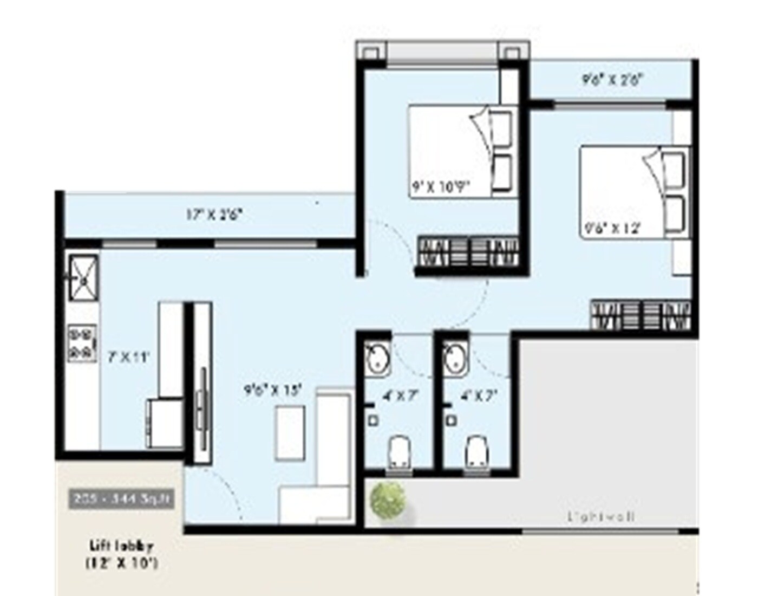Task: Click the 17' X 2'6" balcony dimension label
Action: (x=214, y=215)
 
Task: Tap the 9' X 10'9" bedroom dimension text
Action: (x=440, y=189)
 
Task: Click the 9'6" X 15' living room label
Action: (x=272, y=390)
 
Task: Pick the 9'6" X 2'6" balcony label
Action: (x=612, y=80)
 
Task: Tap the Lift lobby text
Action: (x=122, y=546)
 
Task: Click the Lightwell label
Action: (x=601, y=517)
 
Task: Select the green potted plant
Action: (x=388, y=500)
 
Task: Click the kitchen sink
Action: (x=83, y=277)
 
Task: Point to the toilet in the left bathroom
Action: (x=398, y=451)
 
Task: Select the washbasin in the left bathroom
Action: (x=377, y=358)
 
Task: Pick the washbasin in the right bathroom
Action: (x=455, y=358)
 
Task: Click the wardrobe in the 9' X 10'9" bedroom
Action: (x=469, y=252)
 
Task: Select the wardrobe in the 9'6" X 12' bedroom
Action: (x=641, y=315)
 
